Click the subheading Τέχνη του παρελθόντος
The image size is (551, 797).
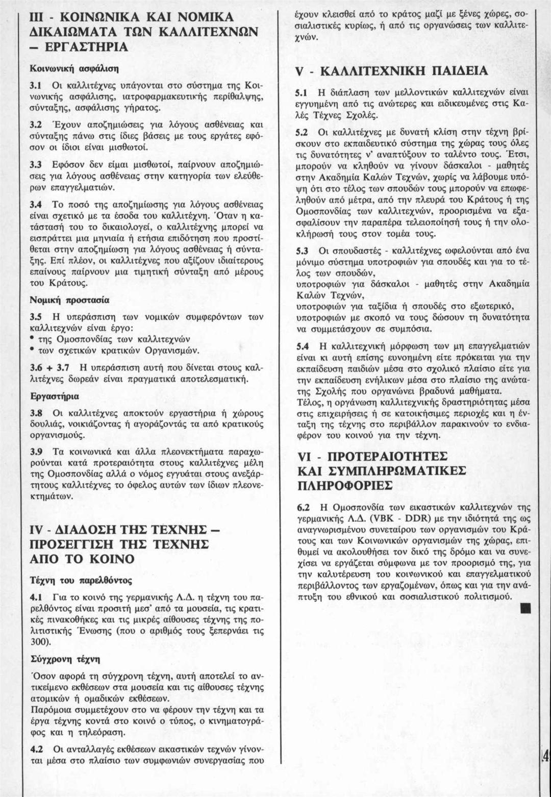(x=81, y=580)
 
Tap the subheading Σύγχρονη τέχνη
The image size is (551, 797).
(x=65, y=659)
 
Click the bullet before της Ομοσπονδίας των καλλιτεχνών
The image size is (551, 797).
(x=33, y=338)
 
